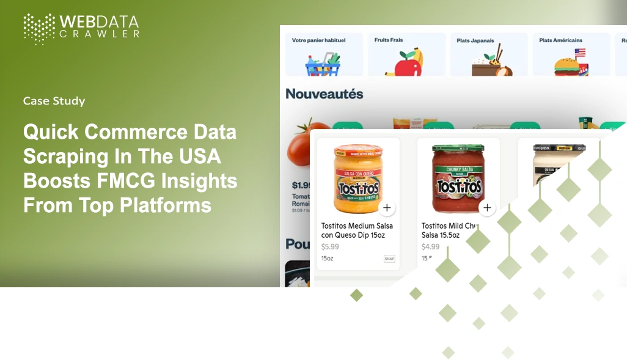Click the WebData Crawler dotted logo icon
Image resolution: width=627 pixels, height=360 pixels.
tap(39, 29)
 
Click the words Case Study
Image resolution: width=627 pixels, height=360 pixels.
tap(54, 101)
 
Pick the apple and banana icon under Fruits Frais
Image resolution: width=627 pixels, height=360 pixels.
tap(405, 62)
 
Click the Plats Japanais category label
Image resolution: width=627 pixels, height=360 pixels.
tap(476, 41)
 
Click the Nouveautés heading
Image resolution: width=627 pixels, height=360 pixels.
tap(324, 94)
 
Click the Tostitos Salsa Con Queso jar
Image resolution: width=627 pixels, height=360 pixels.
tap(357, 179)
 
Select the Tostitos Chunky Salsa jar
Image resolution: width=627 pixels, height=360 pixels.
tap(458, 179)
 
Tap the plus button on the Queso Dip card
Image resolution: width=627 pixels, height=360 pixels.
tap(386, 208)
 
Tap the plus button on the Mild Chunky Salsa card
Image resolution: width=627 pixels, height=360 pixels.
tap(487, 208)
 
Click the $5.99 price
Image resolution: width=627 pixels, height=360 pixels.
tap(330, 247)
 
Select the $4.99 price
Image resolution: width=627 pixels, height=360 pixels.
tap(430, 247)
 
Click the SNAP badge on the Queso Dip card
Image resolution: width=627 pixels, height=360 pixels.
tap(389, 259)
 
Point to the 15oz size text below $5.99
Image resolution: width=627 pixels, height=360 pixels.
tap(327, 259)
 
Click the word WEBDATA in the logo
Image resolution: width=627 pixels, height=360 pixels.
tap(99, 21)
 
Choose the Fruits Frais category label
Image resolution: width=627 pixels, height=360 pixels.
tap(389, 40)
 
